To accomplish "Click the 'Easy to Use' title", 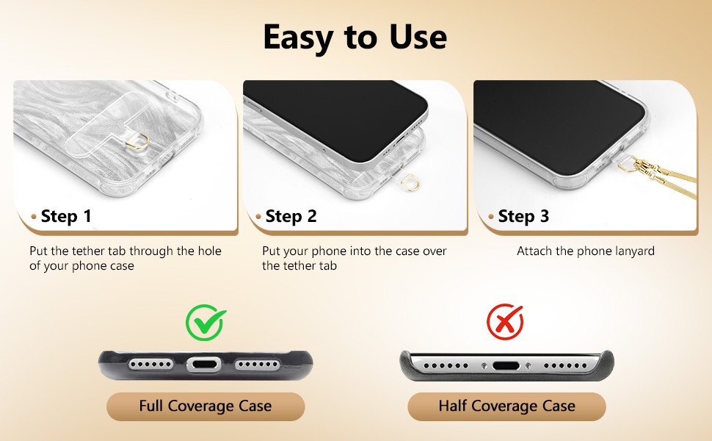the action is pyautogui.click(x=355, y=37).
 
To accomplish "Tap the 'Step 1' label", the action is pyautogui.click(x=66, y=216).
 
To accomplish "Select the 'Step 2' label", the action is pyautogui.click(x=291, y=216).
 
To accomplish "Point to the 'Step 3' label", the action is pyautogui.click(x=523, y=216).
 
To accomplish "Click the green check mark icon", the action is pyautogui.click(x=206, y=323).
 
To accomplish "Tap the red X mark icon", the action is pyautogui.click(x=505, y=321).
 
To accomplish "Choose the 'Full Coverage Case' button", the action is pyautogui.click(x=206, y=406).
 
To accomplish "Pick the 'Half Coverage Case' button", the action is pyautogui.click(x=506, y=406).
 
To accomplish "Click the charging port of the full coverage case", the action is pyautogui.click(x=204, y=365).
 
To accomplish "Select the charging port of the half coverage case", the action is pyautogui.click(x=506, y=365).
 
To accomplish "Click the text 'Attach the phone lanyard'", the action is pyautogui.click(x=586, y=251).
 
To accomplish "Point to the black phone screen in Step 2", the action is pyautogui.click(x=336, y=119).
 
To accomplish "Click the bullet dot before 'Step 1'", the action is pyautogui.click(x=34, y=216).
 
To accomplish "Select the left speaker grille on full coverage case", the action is pyautogui.click(x=150, y=365).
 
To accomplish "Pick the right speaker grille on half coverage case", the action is pyautogui.click(x=565, y=365).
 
